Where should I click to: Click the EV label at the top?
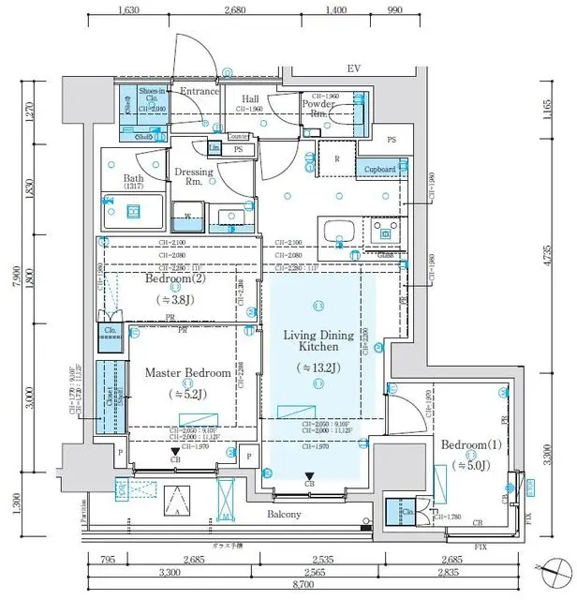pyautogui.click(x=353, y=69)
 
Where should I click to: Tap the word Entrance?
pyautogui.click(x=199, y=91)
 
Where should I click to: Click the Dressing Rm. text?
pyautogui.click(x=194, y=177)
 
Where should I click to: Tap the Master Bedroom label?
pyautogui.click(x=187, y=372)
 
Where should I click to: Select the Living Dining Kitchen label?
pyautogui.click(x=318, y=341)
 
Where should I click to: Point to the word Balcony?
pyautogui.click(x=282, y=515)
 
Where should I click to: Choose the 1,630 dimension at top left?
pyautogui.click(x=130, y=11)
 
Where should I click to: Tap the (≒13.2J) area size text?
pyautogui.click(x=318, y=367)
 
